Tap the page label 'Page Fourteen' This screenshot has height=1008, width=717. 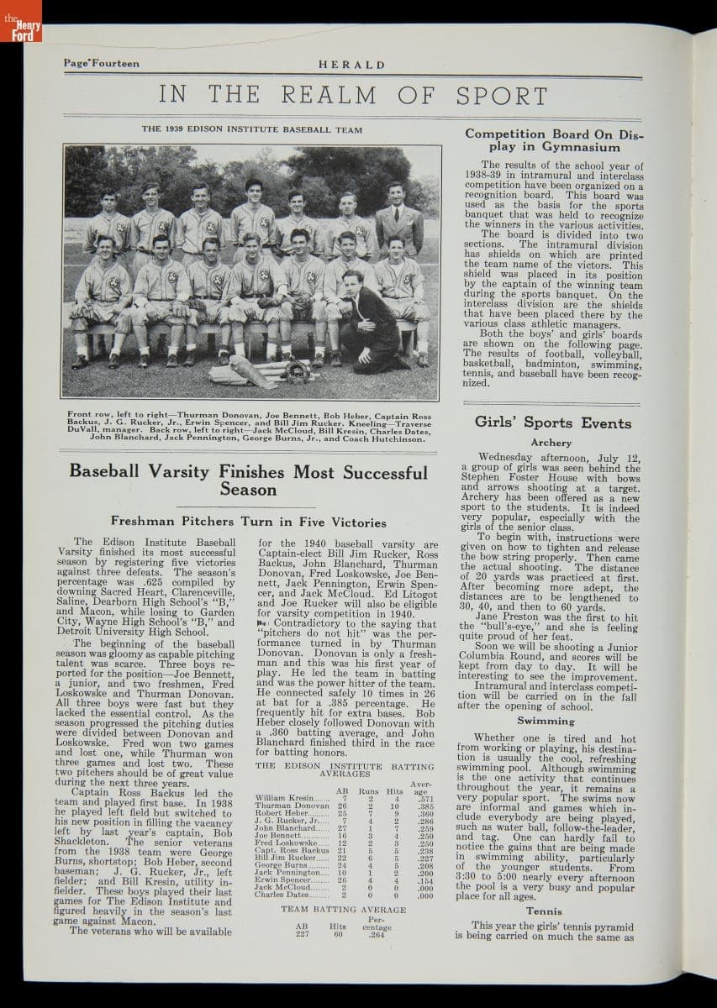coord(102,63)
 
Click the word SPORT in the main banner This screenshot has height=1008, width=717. coord(503,95)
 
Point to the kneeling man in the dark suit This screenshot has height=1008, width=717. coord(370,323)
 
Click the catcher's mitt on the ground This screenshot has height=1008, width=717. coord(296,371)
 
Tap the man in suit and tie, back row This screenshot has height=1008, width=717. coord(398,220)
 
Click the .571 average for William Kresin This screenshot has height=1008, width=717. coord(424,798)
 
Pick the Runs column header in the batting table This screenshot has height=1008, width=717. coord(369,790)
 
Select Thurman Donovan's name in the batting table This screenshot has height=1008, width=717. coord(292,806)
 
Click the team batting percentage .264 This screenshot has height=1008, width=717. coord(377,933)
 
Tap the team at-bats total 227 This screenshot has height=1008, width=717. coord(302,933)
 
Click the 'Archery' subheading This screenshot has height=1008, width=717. coord(551,443)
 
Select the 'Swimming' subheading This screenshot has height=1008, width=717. coord(546,721)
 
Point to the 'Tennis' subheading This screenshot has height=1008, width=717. coord(544,911)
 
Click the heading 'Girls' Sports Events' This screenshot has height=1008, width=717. coord(552,423)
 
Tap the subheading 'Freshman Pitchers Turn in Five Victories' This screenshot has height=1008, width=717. coord(249,522)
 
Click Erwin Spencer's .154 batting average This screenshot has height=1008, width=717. coord(424,880)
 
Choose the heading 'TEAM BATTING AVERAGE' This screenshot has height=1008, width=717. coord(343,910)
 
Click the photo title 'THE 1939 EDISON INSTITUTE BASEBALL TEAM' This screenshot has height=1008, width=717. coord(251,130)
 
